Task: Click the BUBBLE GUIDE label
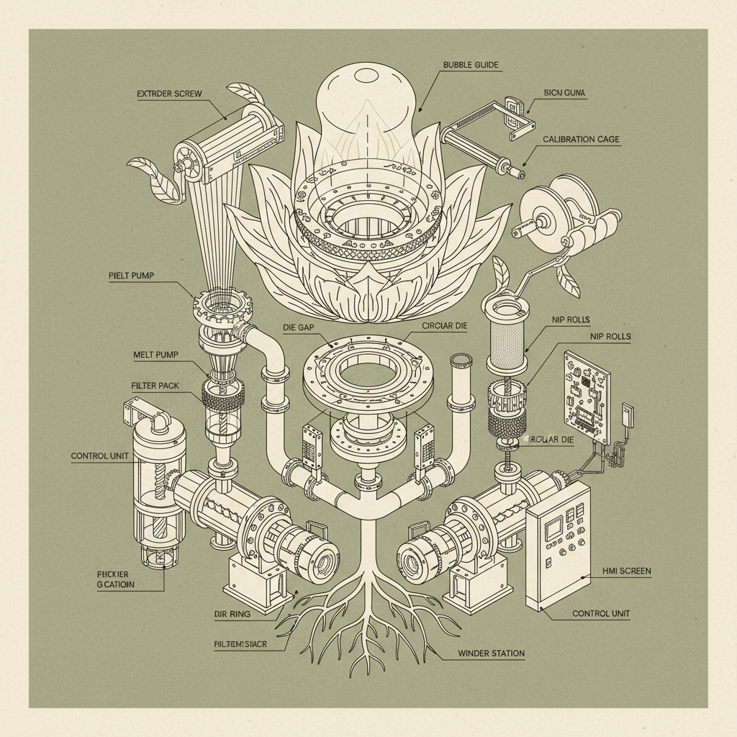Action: [471, 65]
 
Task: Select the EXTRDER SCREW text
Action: [169, 94]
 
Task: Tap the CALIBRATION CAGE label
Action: [581, 139]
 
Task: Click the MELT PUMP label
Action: [155, 355]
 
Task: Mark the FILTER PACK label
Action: [155, 386]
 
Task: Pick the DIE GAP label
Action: [298, 326]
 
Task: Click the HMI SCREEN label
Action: [625, 571]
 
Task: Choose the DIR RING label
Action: [232, 614]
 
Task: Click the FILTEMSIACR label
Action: [240, 644]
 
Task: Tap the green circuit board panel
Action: [587, 397]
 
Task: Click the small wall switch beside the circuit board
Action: [627, 415]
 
